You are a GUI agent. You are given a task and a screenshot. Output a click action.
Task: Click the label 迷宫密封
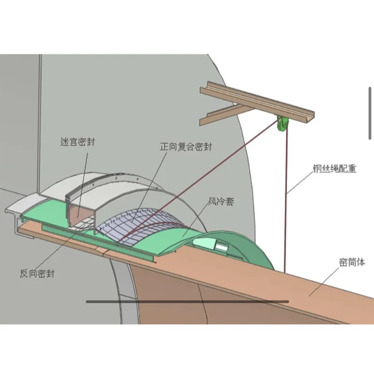pos(78,141)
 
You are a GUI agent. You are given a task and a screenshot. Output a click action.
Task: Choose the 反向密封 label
pos(37,273)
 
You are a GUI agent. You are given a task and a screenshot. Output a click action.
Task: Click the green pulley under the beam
pos(282,124)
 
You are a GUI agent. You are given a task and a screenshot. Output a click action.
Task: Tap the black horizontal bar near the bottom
pos(187,302)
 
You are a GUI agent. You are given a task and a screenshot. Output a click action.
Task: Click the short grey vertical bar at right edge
pos(370,100)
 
